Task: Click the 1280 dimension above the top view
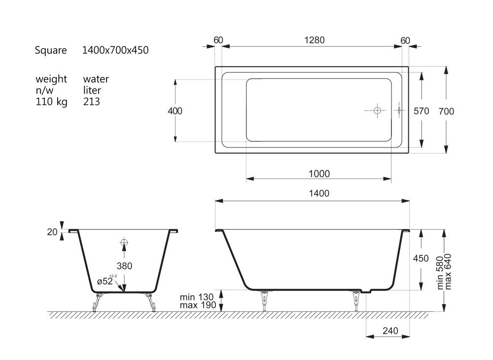click(315, 40)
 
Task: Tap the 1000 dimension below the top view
click(319, 174)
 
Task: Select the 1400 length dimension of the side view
click(319, 193)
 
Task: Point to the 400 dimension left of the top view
click(175, 111)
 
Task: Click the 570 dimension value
click(422, 111)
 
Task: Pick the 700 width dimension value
click(447, 111)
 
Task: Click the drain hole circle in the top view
click(377, 110)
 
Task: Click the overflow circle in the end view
click(124, 242)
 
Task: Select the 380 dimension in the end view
click(124, 266)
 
